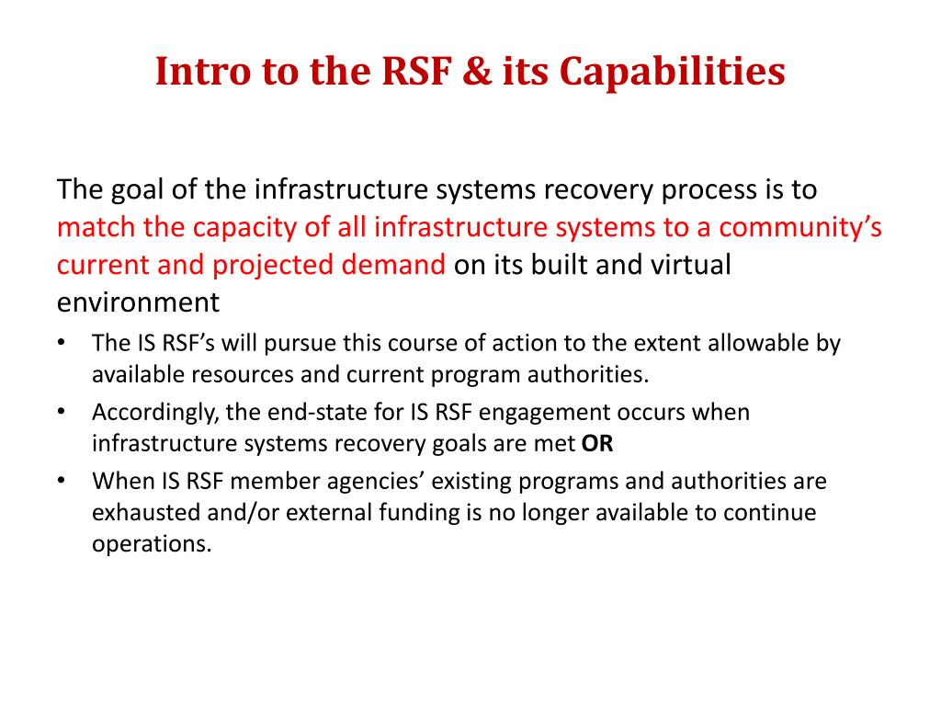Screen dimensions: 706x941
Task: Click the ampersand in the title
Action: pyautogui.click(x=474, y=72)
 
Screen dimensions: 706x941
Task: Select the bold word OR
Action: pyautogui.click(x=597, y=444)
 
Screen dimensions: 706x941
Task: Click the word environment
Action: pyautogui.click(x=138, y=302)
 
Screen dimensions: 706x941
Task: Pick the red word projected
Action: pyautogui.click(x=277, y=265)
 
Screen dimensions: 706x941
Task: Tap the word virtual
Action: pyautogui.click(x=691, y=265)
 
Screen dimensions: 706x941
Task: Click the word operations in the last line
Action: pyautogui.click(x=152, y=543)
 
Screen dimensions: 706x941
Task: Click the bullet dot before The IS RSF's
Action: pyautogui.click(x=61, y=344)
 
